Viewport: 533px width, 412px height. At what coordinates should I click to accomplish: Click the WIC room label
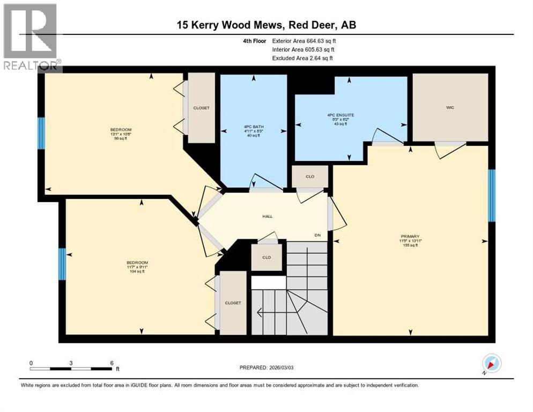pos(450,108)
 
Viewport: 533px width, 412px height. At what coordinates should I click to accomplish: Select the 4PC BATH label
pos(253,127)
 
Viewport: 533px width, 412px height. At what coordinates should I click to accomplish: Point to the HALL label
pos(267,216)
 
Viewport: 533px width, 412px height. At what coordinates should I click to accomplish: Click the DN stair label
pos(317,235)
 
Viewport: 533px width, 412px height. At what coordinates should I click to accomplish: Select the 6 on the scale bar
pos(110,363)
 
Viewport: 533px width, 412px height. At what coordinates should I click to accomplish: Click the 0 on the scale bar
pos(31,363)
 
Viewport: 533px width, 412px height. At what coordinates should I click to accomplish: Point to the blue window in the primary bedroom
pos(491,195)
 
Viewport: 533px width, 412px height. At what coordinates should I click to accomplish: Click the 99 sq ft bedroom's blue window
pos(41,133)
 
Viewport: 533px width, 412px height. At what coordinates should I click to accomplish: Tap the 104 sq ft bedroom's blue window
pos(62,264)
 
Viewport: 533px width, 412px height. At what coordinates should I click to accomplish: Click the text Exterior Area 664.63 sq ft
pos(305,41)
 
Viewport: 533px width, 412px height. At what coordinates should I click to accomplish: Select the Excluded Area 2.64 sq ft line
pos(302,58)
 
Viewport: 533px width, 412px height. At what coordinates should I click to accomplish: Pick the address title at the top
pos(266,25)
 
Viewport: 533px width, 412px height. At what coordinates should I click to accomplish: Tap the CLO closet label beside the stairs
pos(266,257)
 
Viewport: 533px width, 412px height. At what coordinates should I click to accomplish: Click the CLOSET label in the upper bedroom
pos(202,108)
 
